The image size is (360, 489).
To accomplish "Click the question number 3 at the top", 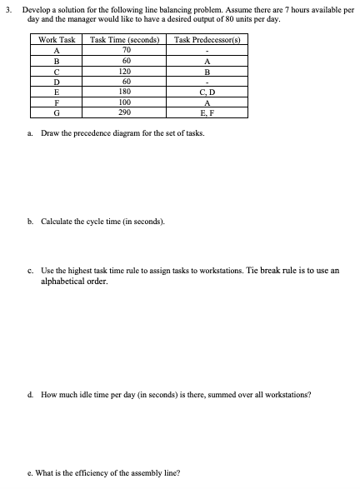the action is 10,8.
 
